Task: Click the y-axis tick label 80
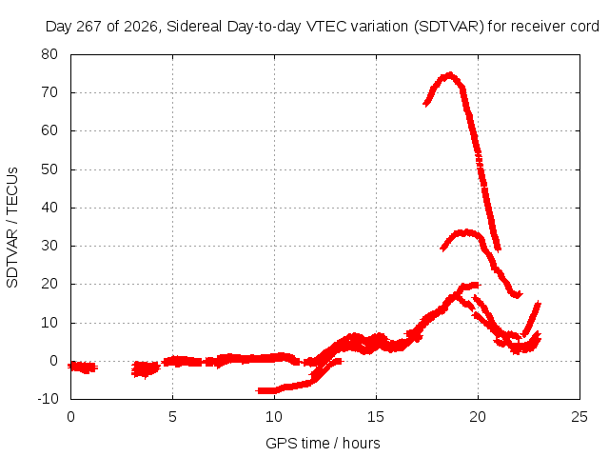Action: tap(49, 54)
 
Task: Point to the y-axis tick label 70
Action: tap(49, 92)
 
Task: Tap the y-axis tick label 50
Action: tap(49, 169)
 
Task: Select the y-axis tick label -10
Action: tap(48, 398)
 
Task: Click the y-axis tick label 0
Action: tap(53, 361)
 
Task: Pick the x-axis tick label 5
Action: tap(172, 417)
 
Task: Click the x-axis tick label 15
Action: tap(376, 417)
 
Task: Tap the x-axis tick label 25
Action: tap(580, 417)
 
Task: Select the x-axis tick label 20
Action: tap(478, 417)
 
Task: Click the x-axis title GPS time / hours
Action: tap(323, 443)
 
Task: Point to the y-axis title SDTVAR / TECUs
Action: tap(12, 228)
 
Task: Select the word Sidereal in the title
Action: tap(194, 27)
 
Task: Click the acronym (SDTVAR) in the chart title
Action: tap(449, 27)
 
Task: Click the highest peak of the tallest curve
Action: tap(450, 74)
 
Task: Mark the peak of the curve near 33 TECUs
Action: tap(464, 232)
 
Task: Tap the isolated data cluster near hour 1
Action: tap(83, 367)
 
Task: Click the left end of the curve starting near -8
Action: tap(258, 390)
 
